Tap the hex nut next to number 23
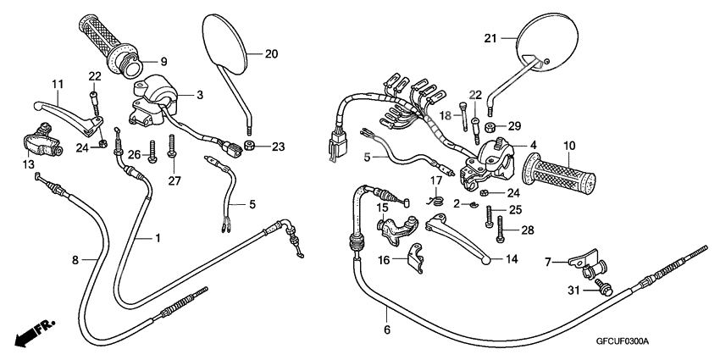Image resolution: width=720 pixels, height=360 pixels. pyautogui.click(x=251, y=147)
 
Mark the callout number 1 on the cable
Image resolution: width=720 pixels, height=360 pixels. pyautogui.click(x=158, y=239)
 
